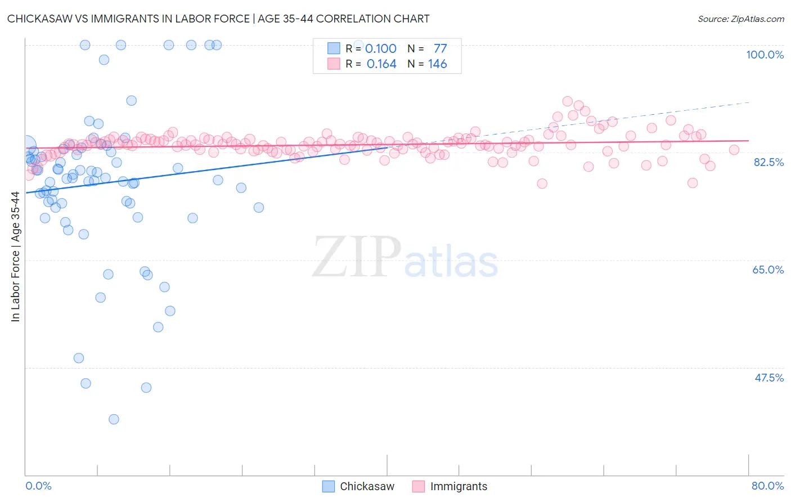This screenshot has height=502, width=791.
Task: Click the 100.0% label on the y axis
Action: (x=765, y=55)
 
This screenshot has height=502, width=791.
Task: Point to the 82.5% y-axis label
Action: (x=768, y=162)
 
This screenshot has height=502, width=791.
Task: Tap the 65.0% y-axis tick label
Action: (x=768, y=270)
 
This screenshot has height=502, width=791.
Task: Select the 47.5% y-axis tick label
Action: (x=768, y=378)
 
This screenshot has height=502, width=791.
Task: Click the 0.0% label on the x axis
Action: (x=38, y=486)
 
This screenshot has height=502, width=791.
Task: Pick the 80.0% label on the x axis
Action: (x=767, y=486)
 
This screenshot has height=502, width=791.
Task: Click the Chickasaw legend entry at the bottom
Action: (x=367, y=486)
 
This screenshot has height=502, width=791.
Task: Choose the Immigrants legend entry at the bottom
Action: (x=459, y=486)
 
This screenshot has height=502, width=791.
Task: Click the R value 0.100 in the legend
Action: (x=381, y=49)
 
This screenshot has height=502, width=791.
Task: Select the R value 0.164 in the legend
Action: (x=381, y=64)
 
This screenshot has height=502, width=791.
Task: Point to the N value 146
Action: (x=437, y=64)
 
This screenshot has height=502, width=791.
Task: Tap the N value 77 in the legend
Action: (x=440, y=49)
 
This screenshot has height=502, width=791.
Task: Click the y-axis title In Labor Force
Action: (x=15, y=257)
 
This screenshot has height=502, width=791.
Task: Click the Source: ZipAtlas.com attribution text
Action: (x=740, y=19)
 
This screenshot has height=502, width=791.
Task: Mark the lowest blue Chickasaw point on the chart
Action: (x=114, y=419)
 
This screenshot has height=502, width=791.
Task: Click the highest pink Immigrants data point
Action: (x=567, y=101)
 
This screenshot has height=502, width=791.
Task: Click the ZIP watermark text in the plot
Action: (x=357, y=257)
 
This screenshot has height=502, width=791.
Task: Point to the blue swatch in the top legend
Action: (x=334, y=48)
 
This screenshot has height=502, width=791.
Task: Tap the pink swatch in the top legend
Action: (x=334, y=64)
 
